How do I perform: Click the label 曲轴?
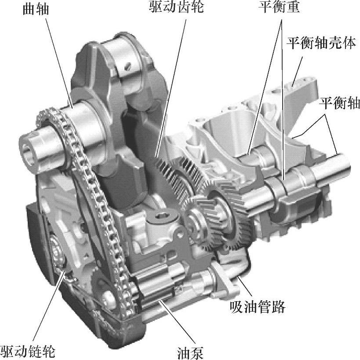(x=36, y=9)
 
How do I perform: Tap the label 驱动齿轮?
(x=176, y=7)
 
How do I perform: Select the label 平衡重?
(x=279, y=7)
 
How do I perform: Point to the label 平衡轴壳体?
(x=321, y=43)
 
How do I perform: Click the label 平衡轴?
(x=339, y=102)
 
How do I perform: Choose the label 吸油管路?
(x=258, y=307)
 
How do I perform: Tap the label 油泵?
(x=190, y=353)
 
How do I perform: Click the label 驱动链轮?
(x=28, y=351)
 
